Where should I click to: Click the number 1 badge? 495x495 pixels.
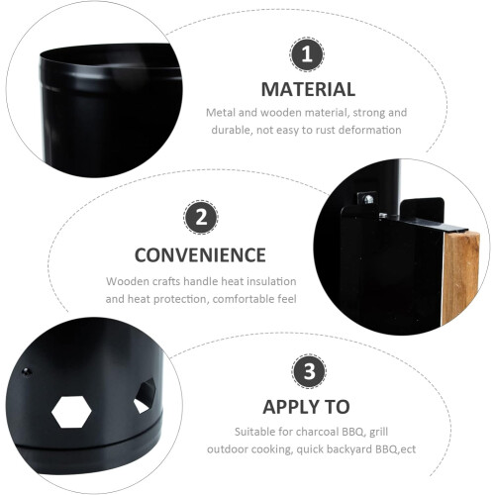pyautogui.click(x=307, y=54)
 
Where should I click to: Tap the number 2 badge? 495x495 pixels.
pyautogui.click(x=201, y=217)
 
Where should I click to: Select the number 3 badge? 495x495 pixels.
pyautogui.click(x=309, y=371)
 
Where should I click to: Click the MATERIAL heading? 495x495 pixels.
pyautogui.click(x=308, y=89)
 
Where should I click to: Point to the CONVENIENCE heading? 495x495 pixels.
pyautogui.click(x=200, y=255)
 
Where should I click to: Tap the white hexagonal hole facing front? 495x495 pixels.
pyautogui.click(x=71, y=412)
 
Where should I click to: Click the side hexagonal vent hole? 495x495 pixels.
pyautogui.click(x=145, y=396)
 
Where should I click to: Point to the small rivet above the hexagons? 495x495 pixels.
pyautogui.click(x=27, y=372)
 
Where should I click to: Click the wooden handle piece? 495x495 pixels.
pyautogui.click(x=461, y=278)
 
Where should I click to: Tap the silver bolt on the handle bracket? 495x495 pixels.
pyautogui.click(x=368, y=199)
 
